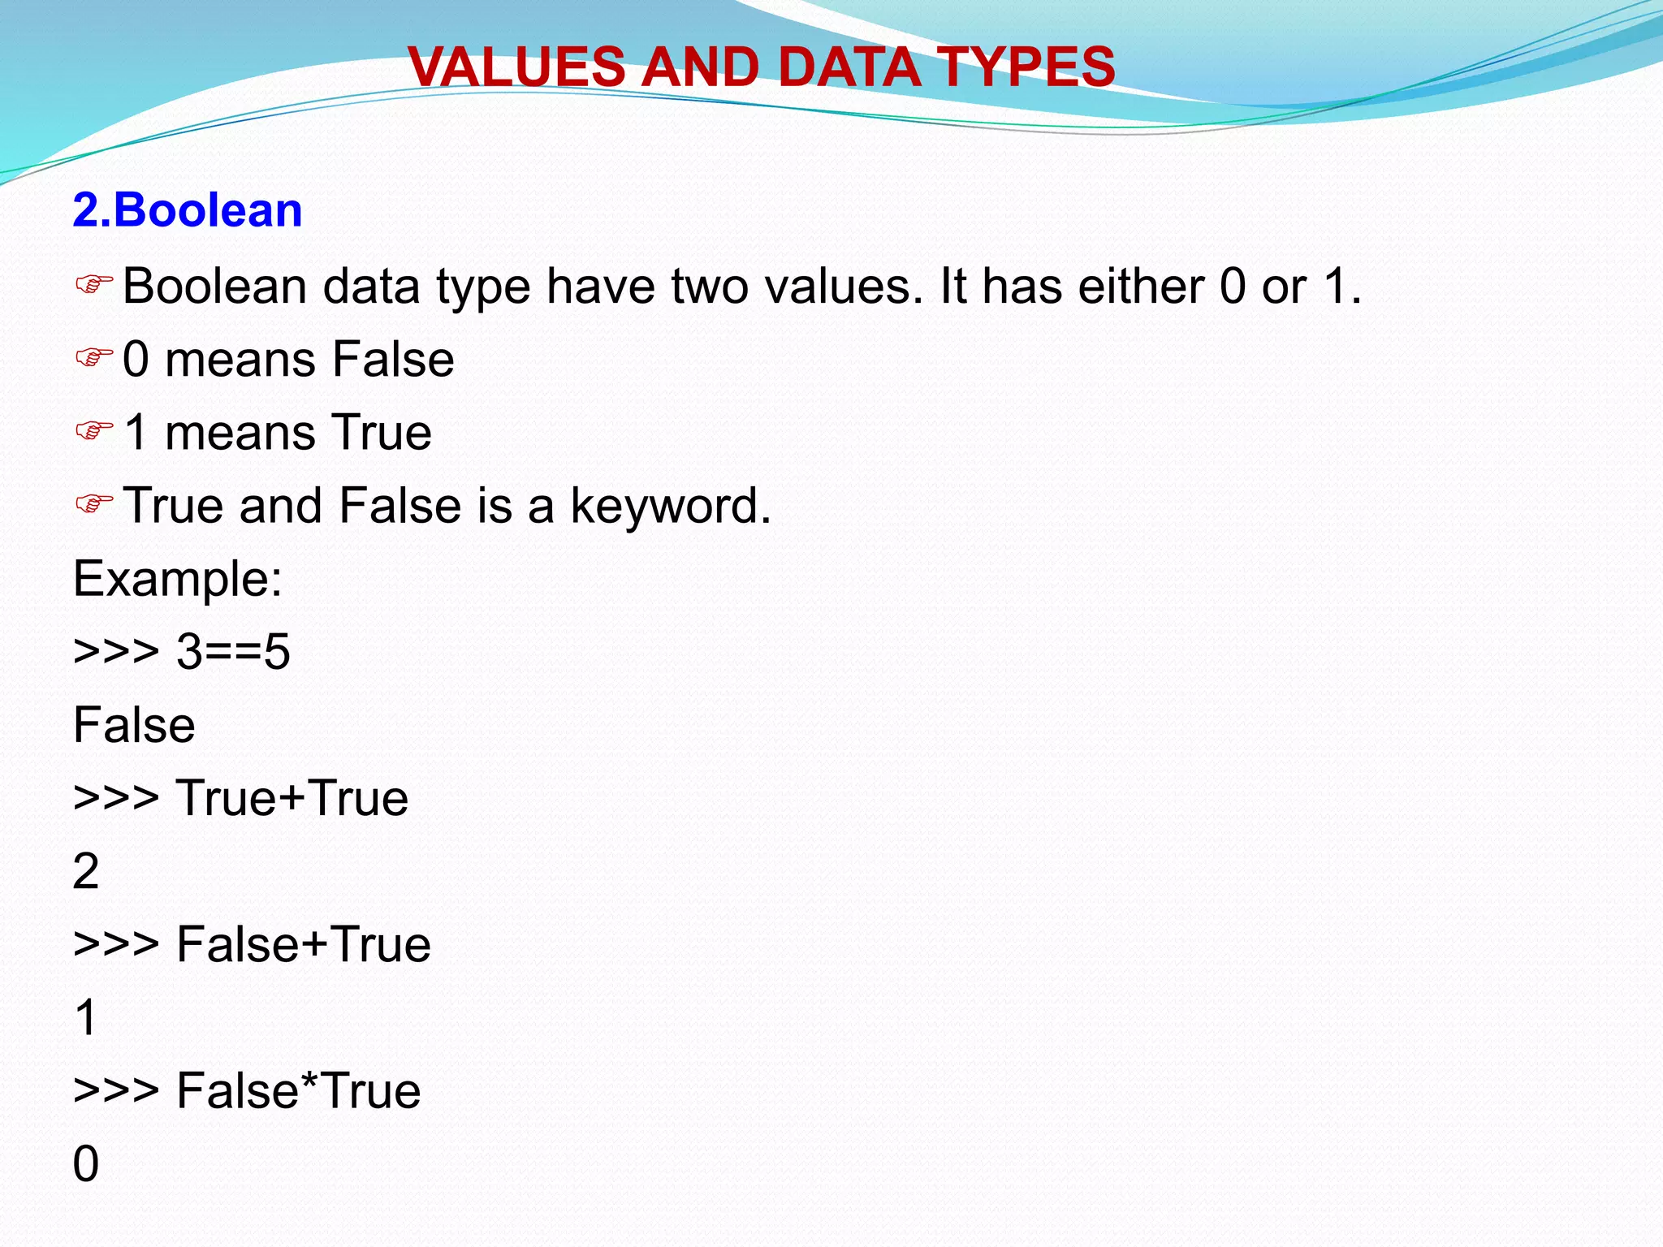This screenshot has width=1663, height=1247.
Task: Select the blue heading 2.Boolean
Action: pos(188,210)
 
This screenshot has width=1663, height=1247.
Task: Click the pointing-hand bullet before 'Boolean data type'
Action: pos(93,285)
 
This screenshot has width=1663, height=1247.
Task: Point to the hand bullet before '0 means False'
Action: pos(93,358)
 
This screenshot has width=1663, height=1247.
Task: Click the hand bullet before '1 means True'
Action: pos(93,431)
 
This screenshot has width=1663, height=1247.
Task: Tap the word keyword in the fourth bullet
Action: pos(670,506)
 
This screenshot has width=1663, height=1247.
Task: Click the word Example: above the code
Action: pos(178,579)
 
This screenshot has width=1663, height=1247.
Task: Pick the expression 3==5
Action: pos(233,652)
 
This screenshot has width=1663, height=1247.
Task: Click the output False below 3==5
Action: pos(134,725)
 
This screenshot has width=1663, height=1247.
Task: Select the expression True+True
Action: pos(292,798)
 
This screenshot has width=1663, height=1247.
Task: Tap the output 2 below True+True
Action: pos(86,871)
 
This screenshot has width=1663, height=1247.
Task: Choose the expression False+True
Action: pos(303,944)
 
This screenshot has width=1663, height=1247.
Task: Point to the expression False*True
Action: pos(298,1090)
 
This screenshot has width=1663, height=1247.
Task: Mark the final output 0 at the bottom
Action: pos(86,1163)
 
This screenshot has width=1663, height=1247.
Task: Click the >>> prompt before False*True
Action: pos(116,1090)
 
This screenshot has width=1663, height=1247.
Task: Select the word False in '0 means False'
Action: pos(393,360)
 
